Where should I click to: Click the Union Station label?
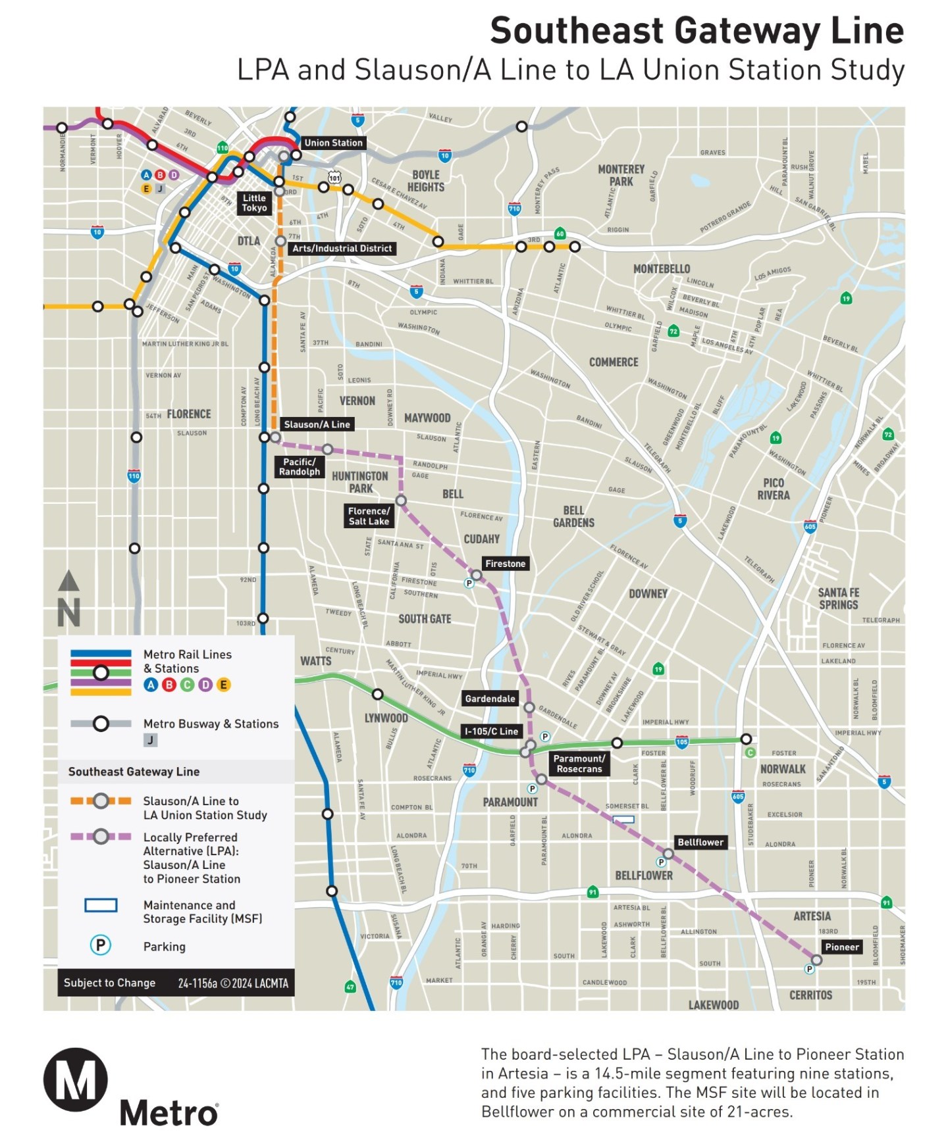tap(333, 143)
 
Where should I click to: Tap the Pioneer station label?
tap(841, 947)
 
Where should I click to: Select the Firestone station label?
tap(505, 564)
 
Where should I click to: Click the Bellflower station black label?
tap(700, 842)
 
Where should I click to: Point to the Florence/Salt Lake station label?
tap(369, 516)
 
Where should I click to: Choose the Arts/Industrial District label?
tap(342, 248)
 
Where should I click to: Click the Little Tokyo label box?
tap(254, 203)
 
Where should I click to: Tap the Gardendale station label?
tap(490, 699)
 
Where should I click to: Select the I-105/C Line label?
tap(491, 731)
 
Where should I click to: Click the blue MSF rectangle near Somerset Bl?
tap(623, 820)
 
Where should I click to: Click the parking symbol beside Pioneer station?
tap(809, 969)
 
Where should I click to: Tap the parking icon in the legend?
tap(100, 945)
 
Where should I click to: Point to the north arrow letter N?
tap(68, 612)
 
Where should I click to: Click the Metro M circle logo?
tap(76, 1080)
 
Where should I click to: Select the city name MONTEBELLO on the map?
tap(661, 269)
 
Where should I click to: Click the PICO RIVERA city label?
tap(773, 489)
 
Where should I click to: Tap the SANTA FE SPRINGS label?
tap(838, 599)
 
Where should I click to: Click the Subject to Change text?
tap(109, 983)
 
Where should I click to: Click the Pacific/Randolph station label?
tap(300, 466)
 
